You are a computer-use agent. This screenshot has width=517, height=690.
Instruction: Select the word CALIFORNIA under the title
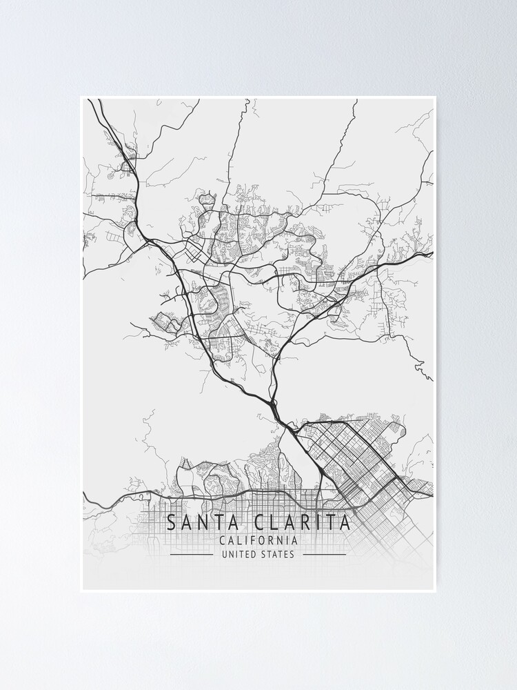click(x=258, y=541)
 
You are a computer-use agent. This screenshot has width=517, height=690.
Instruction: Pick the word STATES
click(x=277, y=554)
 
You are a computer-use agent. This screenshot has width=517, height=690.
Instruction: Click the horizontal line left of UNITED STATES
click(x=191, y=554)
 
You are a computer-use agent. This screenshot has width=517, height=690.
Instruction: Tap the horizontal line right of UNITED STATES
click(x=325, y=554)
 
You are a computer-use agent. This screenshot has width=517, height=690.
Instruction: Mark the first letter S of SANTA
click(x=171, y=522)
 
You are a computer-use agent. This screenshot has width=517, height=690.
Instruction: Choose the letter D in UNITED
click(x=252, y=554)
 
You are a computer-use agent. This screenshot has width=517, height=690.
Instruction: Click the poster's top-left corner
click(x=81, y=97)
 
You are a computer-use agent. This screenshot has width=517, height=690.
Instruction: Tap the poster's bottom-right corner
click(x=436, y=592)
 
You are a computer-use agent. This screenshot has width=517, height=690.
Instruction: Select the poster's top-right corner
click(x=436, y=97)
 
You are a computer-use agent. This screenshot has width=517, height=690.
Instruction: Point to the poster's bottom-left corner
click(x=81, y=592)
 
